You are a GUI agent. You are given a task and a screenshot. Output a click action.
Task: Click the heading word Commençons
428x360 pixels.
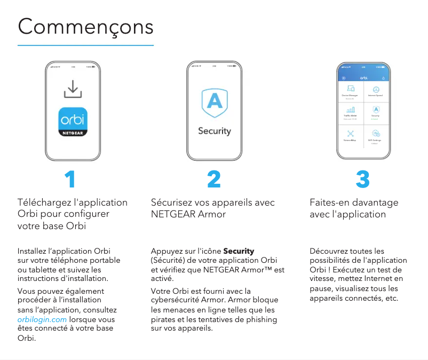pos(85,26)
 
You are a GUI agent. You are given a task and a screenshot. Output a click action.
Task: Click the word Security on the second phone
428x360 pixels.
pos(214,131)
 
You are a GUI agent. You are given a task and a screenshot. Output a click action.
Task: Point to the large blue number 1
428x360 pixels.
pos(69,180)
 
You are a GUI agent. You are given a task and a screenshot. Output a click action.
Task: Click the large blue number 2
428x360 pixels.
pos(214,180)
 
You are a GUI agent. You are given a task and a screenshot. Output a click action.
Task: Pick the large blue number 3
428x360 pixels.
pos(362,180)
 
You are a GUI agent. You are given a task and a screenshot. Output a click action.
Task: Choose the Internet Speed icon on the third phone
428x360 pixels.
pos(376,89)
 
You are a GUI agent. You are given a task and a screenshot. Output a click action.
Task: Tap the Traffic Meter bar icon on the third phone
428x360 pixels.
pos(351,109)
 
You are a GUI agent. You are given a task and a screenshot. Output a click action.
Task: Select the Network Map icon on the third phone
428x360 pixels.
pos(351,134)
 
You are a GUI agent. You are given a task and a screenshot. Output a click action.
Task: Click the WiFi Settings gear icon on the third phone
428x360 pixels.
pos(376,134)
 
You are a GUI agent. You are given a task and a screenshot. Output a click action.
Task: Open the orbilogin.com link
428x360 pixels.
pos(42,319)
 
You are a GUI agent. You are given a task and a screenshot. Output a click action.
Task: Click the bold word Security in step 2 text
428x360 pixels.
pos(239,251)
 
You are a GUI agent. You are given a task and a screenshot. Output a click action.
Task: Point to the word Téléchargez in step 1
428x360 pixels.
pos(45,202)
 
